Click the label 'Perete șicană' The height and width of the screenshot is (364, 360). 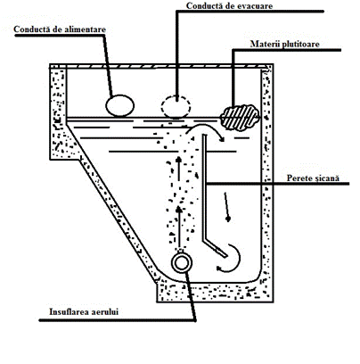[x=313, y=178]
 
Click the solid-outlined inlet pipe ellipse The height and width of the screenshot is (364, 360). [x=120, y=105]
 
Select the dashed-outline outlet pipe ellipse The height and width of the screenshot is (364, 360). [x=176, y=106]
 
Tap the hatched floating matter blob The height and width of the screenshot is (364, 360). [x=240, y=118]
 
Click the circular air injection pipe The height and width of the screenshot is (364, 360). [x=182, y=263]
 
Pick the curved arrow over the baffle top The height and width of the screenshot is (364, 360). [x=205, y=128]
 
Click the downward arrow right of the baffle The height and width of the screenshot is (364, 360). [x=226, y=207]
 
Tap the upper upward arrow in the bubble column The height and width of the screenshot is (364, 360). [x=178, y=169]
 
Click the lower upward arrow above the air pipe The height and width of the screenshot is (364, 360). [x=179, y=226]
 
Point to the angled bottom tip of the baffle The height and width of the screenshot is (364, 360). [x=225, y=255]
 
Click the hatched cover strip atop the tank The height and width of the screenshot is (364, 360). [x=160, y=66]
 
